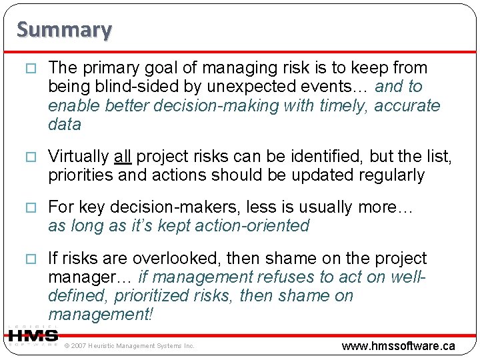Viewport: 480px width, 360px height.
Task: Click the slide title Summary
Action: [x=64, y=29]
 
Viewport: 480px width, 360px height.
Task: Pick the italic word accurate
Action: [x=407, y=105]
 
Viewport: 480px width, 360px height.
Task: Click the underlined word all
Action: [x=122, y=157]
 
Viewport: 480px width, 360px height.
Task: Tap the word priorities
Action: [x=79, y=175]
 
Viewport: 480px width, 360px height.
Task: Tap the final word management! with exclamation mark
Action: [x=101, y=315]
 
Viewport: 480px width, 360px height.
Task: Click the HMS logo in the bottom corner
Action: [x=32, y=335]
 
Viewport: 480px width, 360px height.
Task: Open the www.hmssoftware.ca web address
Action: [x=398, y=345]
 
